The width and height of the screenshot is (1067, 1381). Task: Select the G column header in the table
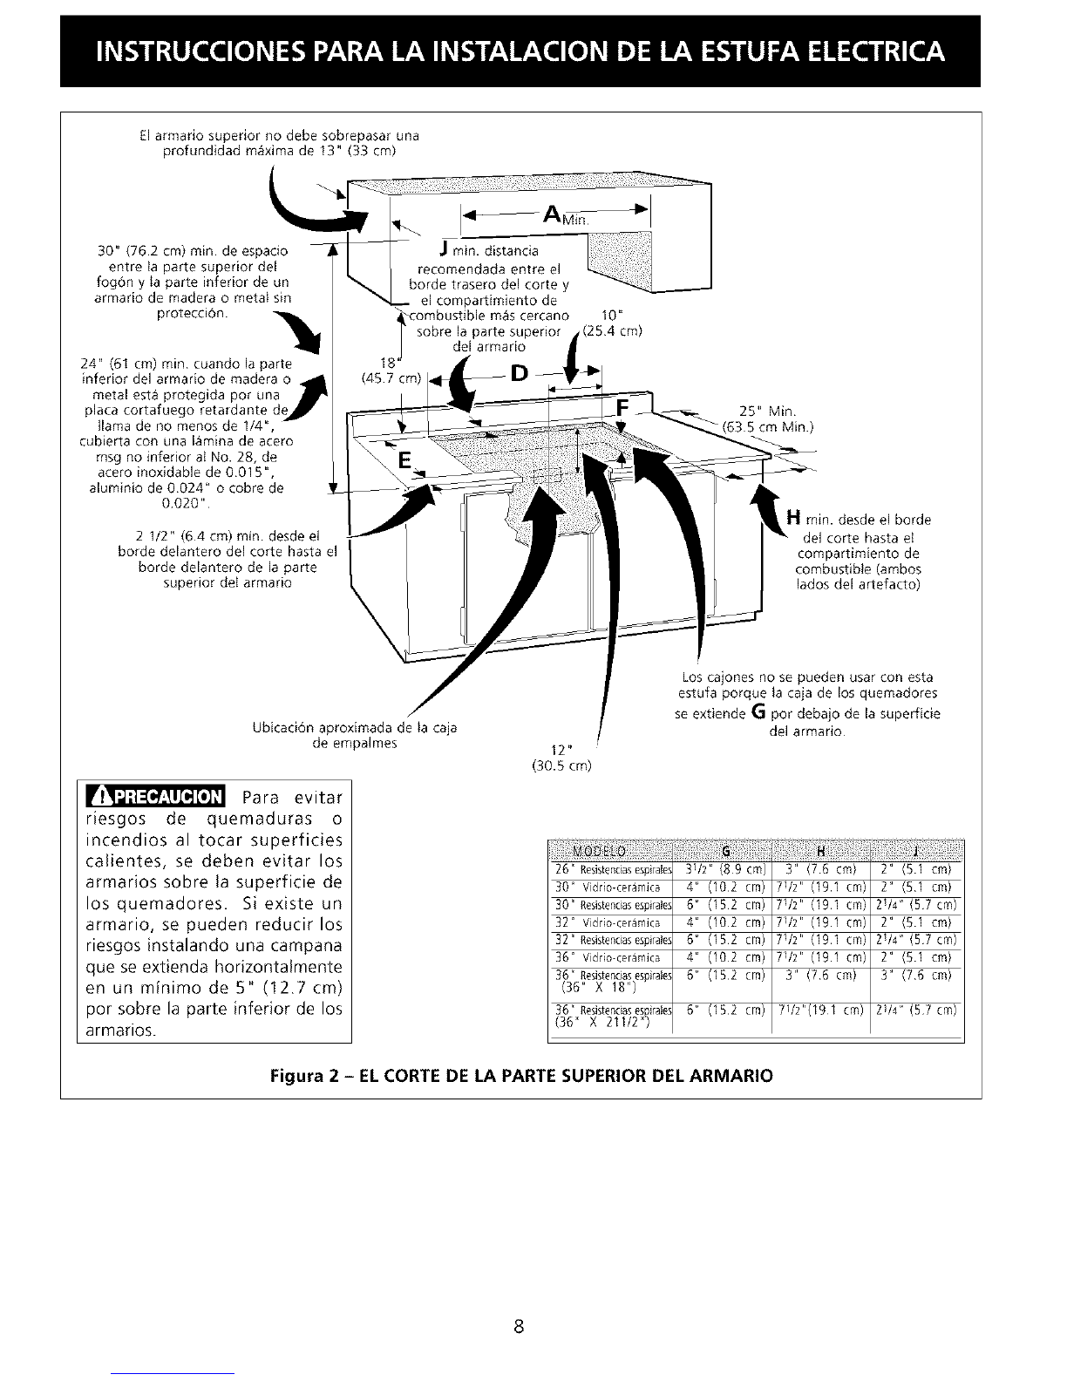click(727, 851)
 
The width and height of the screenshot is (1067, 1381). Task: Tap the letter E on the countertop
click(403, 460)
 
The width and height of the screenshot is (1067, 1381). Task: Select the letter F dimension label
click(622, 408)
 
